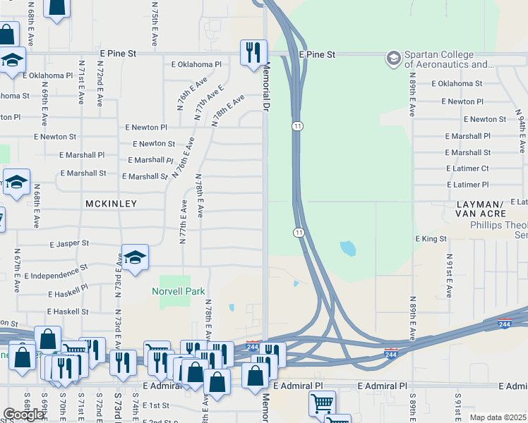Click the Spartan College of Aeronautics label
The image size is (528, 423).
(448, 59)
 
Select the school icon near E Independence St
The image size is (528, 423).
(135, 259)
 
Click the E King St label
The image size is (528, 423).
(431, 239)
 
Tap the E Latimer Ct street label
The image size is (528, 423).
(467, 168)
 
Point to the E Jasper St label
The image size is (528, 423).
(69, 243)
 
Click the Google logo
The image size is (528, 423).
(23, 415)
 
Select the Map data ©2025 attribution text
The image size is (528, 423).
(498, 417)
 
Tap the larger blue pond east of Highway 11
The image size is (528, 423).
(347, 248)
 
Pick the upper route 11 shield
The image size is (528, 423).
(298, 125)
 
